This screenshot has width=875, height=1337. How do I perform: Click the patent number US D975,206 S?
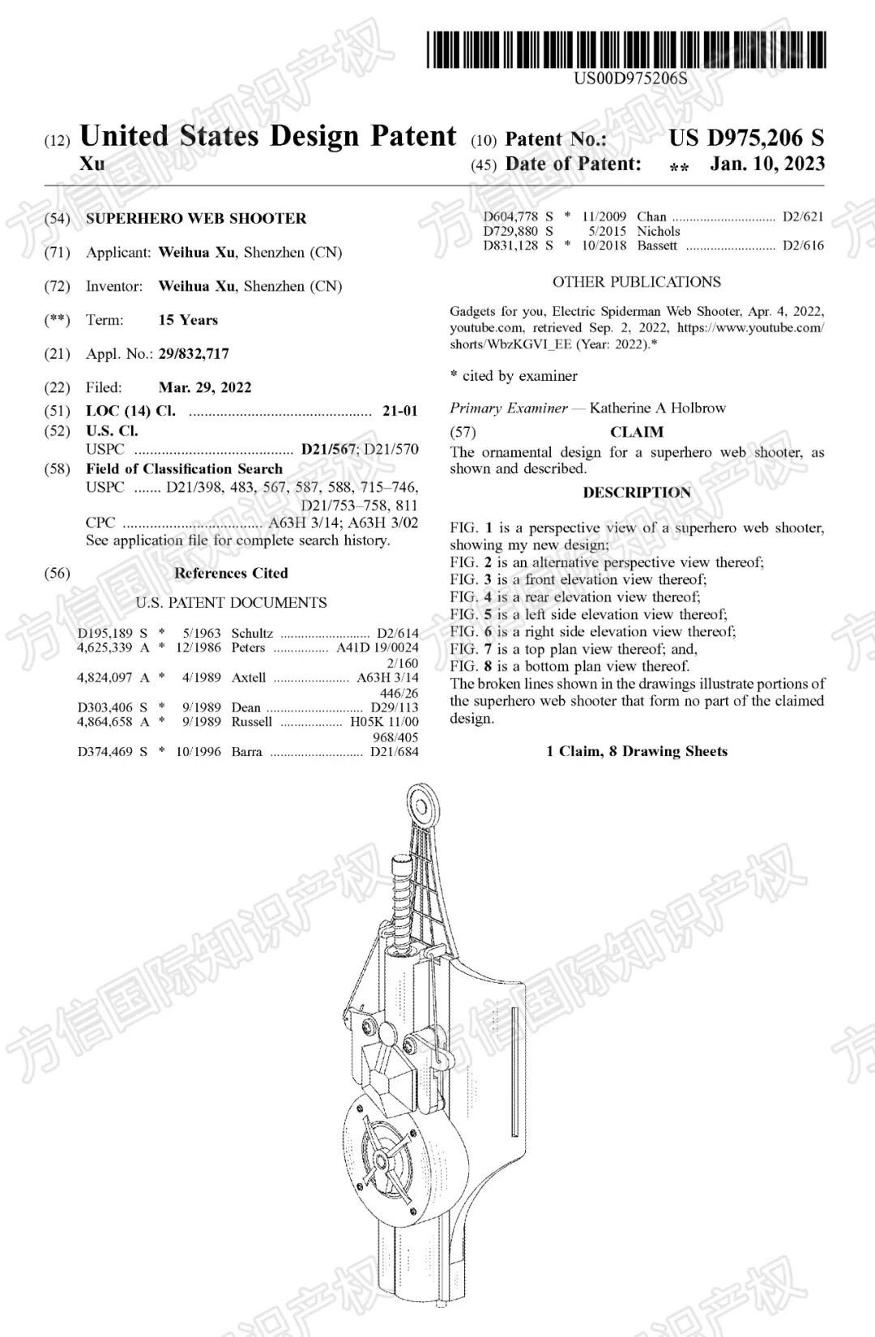(x=745, y=139)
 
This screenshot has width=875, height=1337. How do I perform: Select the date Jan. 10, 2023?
(x=767, y=164)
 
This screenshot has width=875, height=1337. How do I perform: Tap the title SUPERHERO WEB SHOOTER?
(x=196, y=218)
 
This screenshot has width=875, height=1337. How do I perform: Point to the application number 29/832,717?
(x=194, y=353)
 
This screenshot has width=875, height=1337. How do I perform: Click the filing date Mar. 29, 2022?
(x=205, y=387)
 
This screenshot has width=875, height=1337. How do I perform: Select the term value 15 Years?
(x=188, y=320)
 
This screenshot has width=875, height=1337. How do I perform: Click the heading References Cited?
(x=231, y=573)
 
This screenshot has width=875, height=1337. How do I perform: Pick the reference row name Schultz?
(x=252, y=633)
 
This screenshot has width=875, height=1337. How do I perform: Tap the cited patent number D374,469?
(x=105, y=751)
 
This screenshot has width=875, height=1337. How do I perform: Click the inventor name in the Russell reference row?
(x=252, y=721)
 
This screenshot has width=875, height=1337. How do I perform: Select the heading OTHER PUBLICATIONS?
(x=636, y=282)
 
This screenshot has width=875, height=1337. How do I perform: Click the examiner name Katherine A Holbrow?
(x=657, y=408)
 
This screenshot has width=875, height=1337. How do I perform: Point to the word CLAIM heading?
(x=637, y=432)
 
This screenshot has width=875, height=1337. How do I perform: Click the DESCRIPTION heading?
(x=637, y=493)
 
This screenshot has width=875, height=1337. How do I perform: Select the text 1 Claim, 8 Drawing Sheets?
(x=637, y=751)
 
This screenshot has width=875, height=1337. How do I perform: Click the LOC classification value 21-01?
(x=399, y=411)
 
